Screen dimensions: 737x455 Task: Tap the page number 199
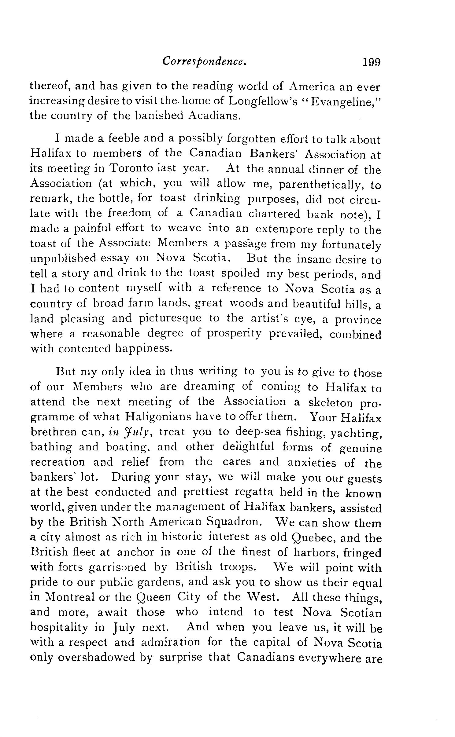[371, 62]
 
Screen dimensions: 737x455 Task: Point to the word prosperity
[234, 333]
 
